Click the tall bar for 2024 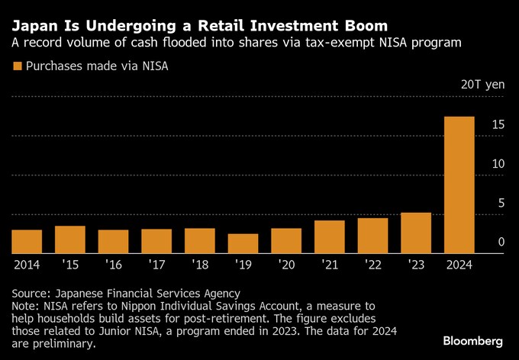(459, 185)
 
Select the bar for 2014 (27, 241)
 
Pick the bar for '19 (243, 243)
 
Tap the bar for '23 (416, 233)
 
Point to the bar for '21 (330, 236)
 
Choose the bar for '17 (156, 241)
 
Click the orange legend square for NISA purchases (18, 66)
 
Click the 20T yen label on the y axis (482, 85)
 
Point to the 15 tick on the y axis (497, 124)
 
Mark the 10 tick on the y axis (497, 164)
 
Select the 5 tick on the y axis (501, 203)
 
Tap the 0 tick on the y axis (501, 243)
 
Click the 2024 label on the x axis (459, 265)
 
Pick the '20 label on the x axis (286, 265)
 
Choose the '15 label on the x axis (70, 265)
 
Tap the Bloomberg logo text (472, 339)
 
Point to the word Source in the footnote (31, 293)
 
